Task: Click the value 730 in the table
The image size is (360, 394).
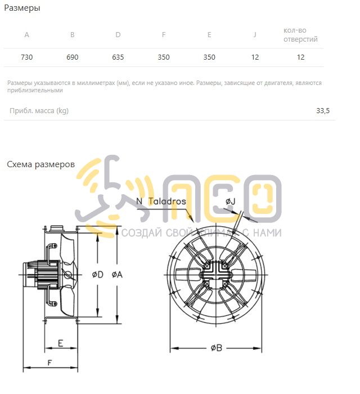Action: [x=27, y=57]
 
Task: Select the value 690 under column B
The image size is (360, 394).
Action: [x=73, y=57]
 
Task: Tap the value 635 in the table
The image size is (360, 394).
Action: [x=118, y=57]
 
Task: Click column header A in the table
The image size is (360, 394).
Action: [x=26, y=35]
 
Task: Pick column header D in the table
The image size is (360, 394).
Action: [x=118, y=35]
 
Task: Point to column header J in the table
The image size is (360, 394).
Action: [x=255, y=35]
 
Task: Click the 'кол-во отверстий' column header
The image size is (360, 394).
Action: [x=300, y=35]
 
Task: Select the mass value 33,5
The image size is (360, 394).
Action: [x=323, y=110]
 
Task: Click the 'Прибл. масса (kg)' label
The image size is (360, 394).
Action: [x=39, y=111]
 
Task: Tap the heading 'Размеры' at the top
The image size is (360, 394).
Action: [x=22, y=8]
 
